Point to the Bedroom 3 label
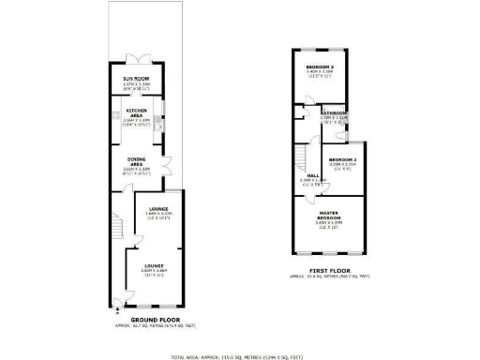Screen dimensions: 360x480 point(321,67)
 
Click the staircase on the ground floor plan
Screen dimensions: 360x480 point(116,228)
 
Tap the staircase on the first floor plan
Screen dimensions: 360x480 point(302,156)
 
